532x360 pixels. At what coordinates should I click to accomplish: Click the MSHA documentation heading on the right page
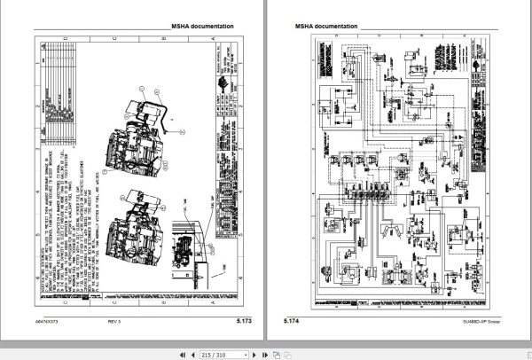325,27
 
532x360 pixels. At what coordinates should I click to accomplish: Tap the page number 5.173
246,320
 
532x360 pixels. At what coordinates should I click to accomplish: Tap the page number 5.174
292,320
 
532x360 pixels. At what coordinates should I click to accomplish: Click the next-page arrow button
254,353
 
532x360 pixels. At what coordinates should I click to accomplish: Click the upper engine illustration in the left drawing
133,142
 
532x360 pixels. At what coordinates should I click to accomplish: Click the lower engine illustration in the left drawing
129,239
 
